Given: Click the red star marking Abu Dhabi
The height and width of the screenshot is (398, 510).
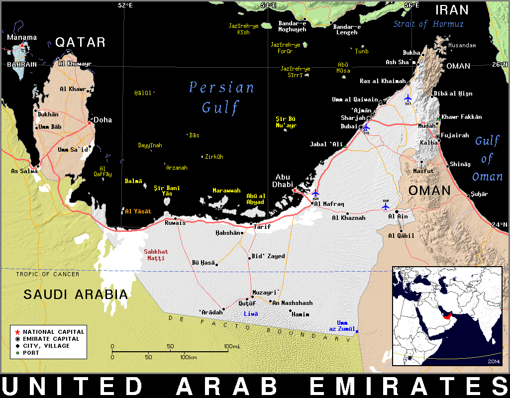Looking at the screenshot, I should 295,190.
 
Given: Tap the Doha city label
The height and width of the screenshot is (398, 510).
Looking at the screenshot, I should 103,120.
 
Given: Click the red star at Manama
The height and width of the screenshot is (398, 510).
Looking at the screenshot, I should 22,45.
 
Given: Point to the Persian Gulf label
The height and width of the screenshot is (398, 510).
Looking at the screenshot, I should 221,98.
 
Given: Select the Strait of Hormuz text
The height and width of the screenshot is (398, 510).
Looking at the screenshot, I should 428,24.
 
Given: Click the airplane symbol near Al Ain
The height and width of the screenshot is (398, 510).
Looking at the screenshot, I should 386,206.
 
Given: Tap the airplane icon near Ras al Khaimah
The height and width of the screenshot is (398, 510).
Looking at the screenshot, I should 408,98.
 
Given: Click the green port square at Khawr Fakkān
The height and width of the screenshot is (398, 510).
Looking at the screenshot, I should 438,118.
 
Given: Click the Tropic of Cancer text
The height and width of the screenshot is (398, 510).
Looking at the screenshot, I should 47,274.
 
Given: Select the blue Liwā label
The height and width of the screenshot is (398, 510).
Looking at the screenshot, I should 251,314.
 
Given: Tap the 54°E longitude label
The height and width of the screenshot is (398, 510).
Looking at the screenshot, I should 268,5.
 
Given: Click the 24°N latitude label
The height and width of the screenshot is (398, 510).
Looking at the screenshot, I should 500,224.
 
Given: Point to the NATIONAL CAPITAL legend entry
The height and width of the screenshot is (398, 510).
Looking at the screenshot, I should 53,332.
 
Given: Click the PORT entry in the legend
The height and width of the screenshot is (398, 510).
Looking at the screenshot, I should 31,353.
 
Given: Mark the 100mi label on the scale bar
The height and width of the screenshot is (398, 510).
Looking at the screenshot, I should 232,346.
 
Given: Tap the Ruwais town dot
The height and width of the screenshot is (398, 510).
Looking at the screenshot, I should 175,218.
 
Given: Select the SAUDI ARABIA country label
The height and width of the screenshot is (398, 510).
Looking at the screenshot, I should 76,295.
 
